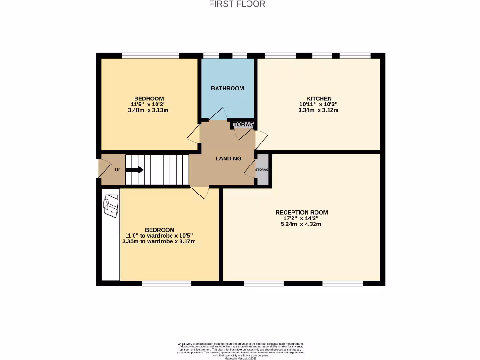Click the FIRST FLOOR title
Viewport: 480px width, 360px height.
[237, 4]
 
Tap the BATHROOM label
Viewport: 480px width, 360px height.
[227, 88]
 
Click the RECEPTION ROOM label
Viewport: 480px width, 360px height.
[301, 212]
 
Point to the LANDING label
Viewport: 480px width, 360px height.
[228, 158]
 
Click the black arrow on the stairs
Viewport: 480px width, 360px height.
[135, 170]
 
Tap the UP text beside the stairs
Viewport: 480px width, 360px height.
[118, 170]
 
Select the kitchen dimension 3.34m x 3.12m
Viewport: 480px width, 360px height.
[318, 111]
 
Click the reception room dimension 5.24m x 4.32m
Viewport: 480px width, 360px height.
[301, 224]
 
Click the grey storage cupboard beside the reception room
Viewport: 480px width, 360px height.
[262, 169]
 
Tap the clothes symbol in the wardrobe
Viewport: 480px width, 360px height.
[111, 206]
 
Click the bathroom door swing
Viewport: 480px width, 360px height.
[217, 115]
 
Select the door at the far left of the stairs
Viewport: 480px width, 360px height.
[104, 169]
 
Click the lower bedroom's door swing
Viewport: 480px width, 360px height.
[199, 192]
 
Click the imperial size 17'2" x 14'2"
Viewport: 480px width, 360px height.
[301, 218]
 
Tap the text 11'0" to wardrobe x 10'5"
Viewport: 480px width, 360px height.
[159, 236]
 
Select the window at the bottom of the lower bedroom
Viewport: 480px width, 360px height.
[166, 283]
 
